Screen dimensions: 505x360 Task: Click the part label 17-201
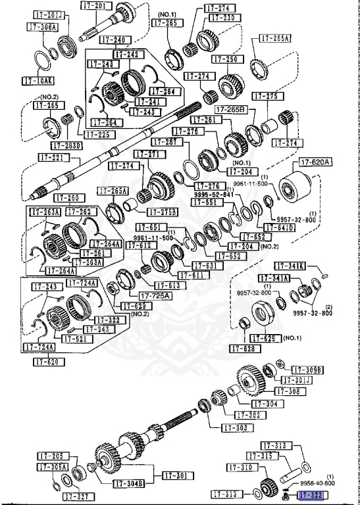[94, 5]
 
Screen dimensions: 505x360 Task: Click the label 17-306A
[43, 27]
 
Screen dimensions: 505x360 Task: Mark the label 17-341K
[292, 266]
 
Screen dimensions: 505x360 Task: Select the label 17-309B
[307, 370]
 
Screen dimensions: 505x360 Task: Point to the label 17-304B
[128, 483]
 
